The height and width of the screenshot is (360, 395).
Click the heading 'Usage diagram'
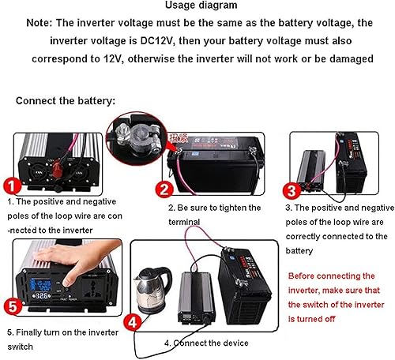[197, 7]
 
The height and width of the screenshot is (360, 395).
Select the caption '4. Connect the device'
[206, 343]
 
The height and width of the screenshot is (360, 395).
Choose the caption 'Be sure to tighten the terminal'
[214, 215]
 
